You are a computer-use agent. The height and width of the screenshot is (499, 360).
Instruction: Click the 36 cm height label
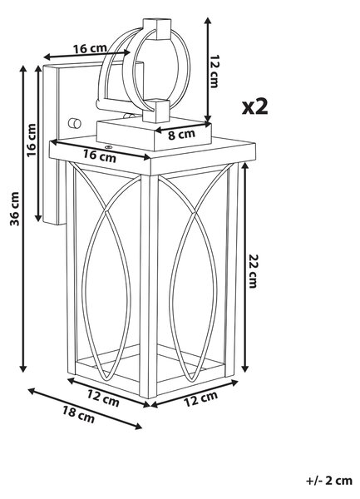coord(15,209)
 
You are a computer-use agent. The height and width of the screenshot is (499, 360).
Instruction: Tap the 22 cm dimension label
coord(253,271)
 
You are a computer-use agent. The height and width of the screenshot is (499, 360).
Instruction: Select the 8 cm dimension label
coord(181,135)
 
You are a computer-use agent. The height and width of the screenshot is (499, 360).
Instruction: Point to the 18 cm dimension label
coord(78,415)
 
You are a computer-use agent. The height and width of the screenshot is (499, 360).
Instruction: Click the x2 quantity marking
coord(255,106)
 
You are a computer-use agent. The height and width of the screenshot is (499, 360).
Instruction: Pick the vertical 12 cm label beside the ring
coord(215,72)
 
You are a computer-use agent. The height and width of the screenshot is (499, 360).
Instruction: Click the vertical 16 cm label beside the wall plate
coord(32,141)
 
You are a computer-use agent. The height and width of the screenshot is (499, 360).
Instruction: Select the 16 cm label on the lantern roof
coord(100,156)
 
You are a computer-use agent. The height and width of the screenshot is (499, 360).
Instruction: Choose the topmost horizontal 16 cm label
coord(91,49)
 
